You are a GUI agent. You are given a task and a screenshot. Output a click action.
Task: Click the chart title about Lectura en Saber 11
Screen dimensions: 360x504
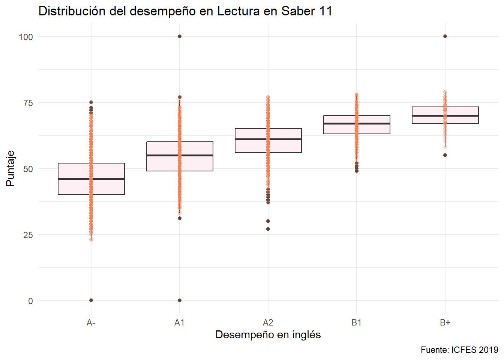point(185,11)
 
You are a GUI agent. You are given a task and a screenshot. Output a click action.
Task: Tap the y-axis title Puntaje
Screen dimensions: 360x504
point(10,168)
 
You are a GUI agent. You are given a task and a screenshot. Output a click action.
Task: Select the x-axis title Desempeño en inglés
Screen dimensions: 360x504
point(268,334)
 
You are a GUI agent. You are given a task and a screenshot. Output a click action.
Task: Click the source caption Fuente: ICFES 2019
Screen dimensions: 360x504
point(459,350)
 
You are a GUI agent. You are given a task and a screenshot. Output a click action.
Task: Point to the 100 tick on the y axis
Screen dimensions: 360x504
point(26,37)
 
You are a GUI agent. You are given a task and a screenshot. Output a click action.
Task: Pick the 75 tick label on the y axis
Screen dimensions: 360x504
point(28,103)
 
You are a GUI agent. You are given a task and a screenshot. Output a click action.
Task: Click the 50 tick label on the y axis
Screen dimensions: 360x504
point(28,169)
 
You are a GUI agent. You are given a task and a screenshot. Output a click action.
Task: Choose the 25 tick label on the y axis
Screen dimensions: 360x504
point(28,235)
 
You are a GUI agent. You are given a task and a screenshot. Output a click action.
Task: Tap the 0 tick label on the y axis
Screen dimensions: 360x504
point(30,301)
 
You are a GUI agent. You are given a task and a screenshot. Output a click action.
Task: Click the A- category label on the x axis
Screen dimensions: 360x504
point(91,322)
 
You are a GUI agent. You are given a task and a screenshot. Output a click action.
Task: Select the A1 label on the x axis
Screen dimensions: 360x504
point(179,322)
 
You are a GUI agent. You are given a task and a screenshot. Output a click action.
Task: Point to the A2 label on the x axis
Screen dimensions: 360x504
point(268,322)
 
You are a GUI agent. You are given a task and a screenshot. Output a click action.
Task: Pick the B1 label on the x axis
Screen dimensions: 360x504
point(356,322)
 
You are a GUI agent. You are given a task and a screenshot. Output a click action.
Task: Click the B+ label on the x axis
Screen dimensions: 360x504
point(445,322)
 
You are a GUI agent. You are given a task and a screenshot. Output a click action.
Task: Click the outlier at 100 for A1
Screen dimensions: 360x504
point(180,36)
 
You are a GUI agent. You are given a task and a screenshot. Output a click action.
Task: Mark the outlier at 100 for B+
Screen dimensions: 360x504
point(445,36)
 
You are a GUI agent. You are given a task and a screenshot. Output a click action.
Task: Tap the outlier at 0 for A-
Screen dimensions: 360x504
point(91,300)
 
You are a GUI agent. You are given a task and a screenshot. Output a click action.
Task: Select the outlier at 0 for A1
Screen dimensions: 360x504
point(180,300)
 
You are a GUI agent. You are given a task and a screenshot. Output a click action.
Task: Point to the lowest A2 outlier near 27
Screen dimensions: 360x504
point(268,229)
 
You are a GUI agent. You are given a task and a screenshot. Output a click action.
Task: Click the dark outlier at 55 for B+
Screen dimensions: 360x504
point(445,155)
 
